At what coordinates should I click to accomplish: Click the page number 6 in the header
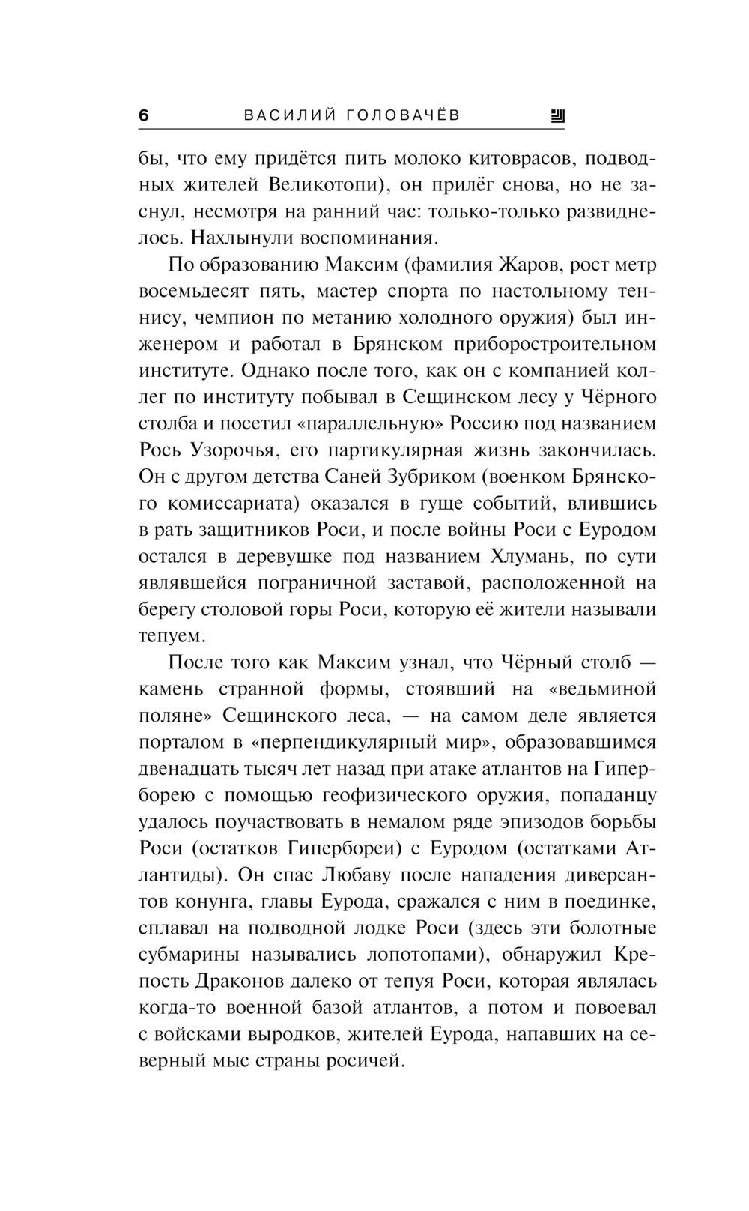[144, 115]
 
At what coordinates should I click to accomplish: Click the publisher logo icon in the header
[557, 115]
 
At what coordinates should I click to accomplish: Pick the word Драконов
[237, 980]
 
